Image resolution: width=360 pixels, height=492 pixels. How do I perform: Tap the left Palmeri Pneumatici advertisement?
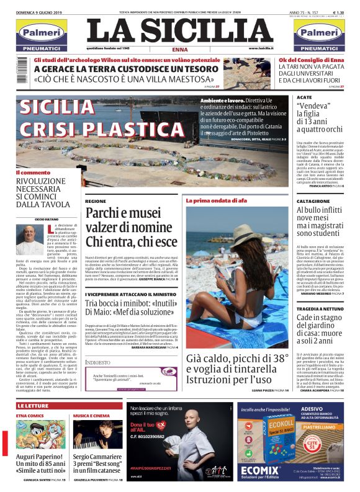[x=42, y=36]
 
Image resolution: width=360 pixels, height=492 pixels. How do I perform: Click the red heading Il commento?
[x=33, y=172]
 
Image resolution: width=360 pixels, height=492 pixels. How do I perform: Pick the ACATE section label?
[x=304, y=98]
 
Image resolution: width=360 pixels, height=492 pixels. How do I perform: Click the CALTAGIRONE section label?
[x=313, y=202]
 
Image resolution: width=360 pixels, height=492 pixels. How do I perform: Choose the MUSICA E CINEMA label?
[x=92, y=416]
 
